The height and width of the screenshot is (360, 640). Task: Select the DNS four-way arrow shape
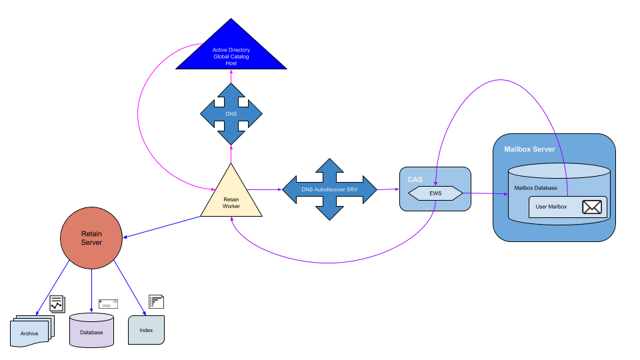pyautogui.click(x=231, y=114)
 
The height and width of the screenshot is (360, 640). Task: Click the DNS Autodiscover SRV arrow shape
pyautogui.click(x=329, y=189)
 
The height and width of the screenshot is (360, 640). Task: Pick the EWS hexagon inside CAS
pyautogui.click(x=435, y=193)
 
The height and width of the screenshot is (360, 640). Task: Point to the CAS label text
pyautogui.click(x=415, y=179)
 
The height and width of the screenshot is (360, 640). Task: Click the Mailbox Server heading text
pyautogui.click(x=529, y=149)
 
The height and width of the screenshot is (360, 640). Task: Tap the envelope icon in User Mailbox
pyautogui.click(x=592, y=207)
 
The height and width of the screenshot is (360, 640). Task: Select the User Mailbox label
pyautogui.click(x=551, y=207)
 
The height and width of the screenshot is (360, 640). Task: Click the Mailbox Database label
pyautogui.click(x=536, y=188)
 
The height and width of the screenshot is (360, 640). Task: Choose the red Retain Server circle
pyautogui.click(x=91, y=238)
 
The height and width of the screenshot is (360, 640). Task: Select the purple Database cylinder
pyautogui.click(x=91, y=331)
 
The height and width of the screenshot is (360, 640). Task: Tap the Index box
pyautogui.click(x=146, y=330)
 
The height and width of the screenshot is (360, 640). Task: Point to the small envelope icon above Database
pyautogui.click(x=108, y=303)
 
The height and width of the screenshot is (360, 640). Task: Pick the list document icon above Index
pyautogui.click(x=156, y=301)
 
